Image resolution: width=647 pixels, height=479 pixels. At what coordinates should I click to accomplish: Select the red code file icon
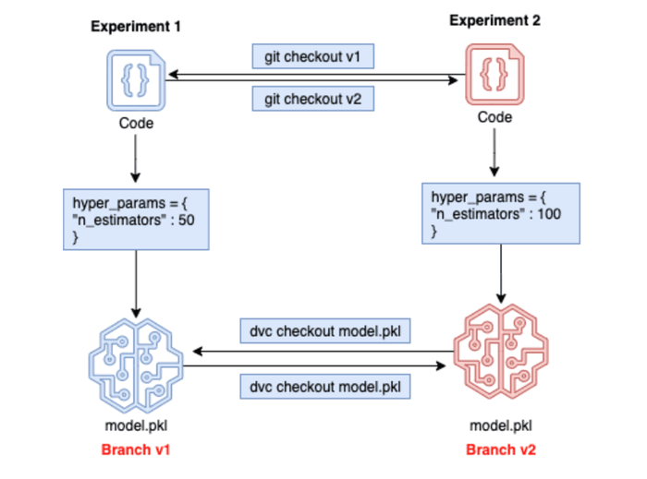pos(494,76)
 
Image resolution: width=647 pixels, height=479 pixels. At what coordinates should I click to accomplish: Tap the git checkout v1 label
pos(313,57)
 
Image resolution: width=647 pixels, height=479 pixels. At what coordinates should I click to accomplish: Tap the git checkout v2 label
pos(313,98)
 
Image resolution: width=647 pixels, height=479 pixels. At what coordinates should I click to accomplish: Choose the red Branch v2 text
pos(500,449)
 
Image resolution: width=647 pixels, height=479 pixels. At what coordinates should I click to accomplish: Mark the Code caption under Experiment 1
pos(135,123)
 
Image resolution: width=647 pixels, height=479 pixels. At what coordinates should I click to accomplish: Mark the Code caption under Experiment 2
pos(494,117)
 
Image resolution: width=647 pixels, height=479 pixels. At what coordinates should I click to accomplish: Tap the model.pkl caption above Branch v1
pos(135,426)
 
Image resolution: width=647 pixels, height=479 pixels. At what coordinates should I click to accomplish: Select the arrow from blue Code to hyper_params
pos(136,158)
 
